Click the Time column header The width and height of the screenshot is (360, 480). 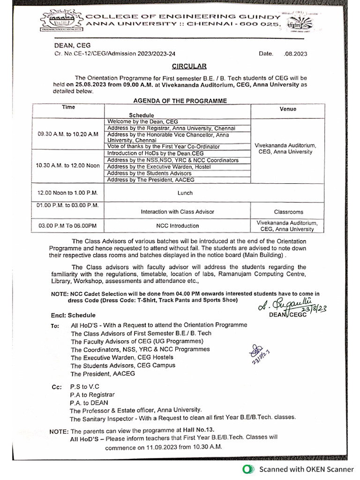click(68, 107)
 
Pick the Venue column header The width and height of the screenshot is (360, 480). click(288, 109)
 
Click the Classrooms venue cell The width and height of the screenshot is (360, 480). click(288, 212)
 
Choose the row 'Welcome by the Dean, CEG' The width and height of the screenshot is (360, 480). click(142, 121)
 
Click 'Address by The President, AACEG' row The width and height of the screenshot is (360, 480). click(150, 180)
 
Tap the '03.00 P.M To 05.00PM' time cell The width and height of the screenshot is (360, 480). click(67, 226)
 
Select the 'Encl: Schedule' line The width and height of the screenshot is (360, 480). click(73, 315)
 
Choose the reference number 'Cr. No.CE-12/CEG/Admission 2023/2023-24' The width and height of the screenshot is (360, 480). click(114, 54)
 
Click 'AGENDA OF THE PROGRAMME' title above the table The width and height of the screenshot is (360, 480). click(180, 101)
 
